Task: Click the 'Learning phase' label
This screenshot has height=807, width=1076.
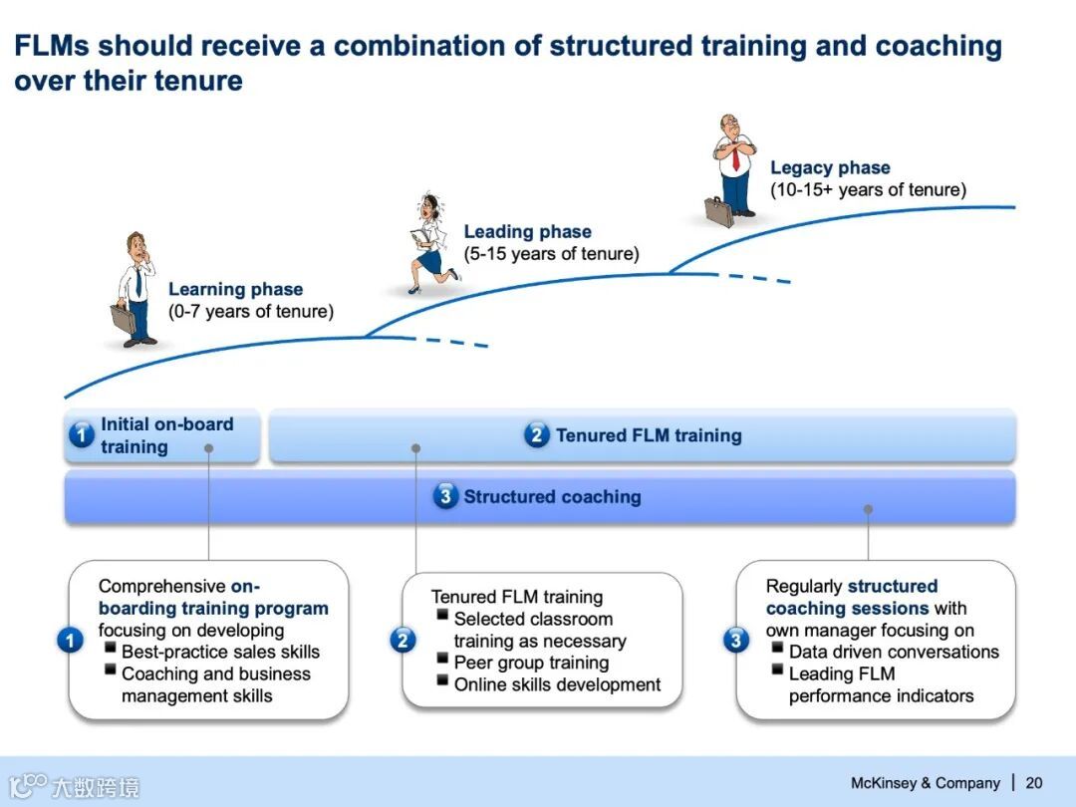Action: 235,290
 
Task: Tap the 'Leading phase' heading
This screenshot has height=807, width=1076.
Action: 527,232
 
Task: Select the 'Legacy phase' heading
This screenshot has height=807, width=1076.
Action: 830,168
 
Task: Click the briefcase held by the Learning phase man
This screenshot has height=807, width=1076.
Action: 123,318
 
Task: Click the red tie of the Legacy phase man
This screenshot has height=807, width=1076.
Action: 735,157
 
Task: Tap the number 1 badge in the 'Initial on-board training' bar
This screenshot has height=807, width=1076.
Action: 81,435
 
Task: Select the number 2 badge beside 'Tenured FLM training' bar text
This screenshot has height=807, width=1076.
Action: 536,435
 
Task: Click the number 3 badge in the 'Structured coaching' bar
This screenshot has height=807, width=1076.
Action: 445,496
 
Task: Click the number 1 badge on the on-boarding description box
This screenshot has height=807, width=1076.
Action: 70,640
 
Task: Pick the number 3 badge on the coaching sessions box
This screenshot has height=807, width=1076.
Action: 736,640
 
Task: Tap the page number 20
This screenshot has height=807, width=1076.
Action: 1034,783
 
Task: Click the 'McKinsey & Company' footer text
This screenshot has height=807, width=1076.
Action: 925,783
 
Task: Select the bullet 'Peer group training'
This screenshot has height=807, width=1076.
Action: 530,663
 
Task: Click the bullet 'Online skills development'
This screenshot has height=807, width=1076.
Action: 557,684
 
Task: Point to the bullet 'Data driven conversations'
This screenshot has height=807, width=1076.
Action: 893,652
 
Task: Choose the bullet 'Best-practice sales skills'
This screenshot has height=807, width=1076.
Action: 220,652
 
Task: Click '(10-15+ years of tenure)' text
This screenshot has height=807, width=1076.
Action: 868,189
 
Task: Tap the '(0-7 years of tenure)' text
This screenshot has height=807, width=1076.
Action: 251,312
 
